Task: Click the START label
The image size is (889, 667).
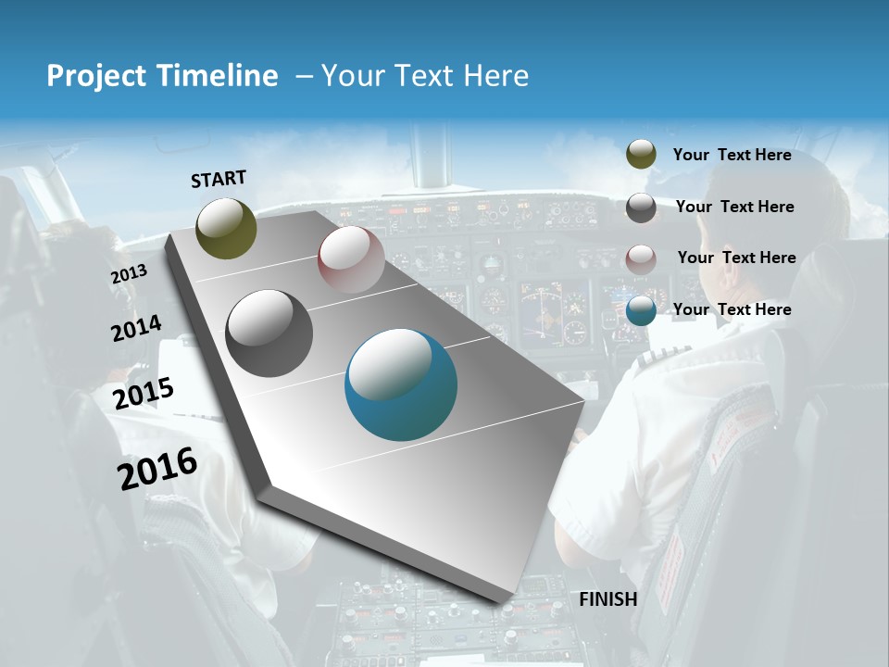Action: pyautogui.click(x=219, y=179)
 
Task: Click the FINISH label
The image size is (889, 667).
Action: pyautogui.click(x=608, y=599)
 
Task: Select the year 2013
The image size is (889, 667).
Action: pyautogui.click(x=129, y=274)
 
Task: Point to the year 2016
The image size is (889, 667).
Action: pyautogui.click(x=157, y=468)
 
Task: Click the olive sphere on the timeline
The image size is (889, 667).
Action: pyautogui.click(x=226, y=228)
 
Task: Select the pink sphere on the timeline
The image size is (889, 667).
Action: pyautogui.click(x=351, y=259)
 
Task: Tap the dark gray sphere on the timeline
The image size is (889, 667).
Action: pyautogui.click(x=269, y=333)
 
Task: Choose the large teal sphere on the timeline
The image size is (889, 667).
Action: pyautogui.click(x=401, y=384)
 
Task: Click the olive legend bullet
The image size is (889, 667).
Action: pyautogui.click(x=641, y=155)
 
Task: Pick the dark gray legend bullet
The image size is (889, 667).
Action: pyautogui.click(x=641, y=207)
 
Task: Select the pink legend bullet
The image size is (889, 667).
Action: pyautogui.click(x=641, y=258)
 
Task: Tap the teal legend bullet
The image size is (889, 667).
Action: pyautogui.click(x=641, y=310)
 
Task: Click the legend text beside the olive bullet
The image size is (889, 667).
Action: pyautogui.click(x=732, y=155)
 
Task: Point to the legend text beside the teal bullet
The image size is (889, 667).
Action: pyautogui.click(x=732, y=309)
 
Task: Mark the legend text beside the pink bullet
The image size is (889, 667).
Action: pyautogui.click(x=736, y=258)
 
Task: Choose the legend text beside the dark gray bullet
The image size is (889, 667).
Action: pyautogui.click(x=734, y=207)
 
